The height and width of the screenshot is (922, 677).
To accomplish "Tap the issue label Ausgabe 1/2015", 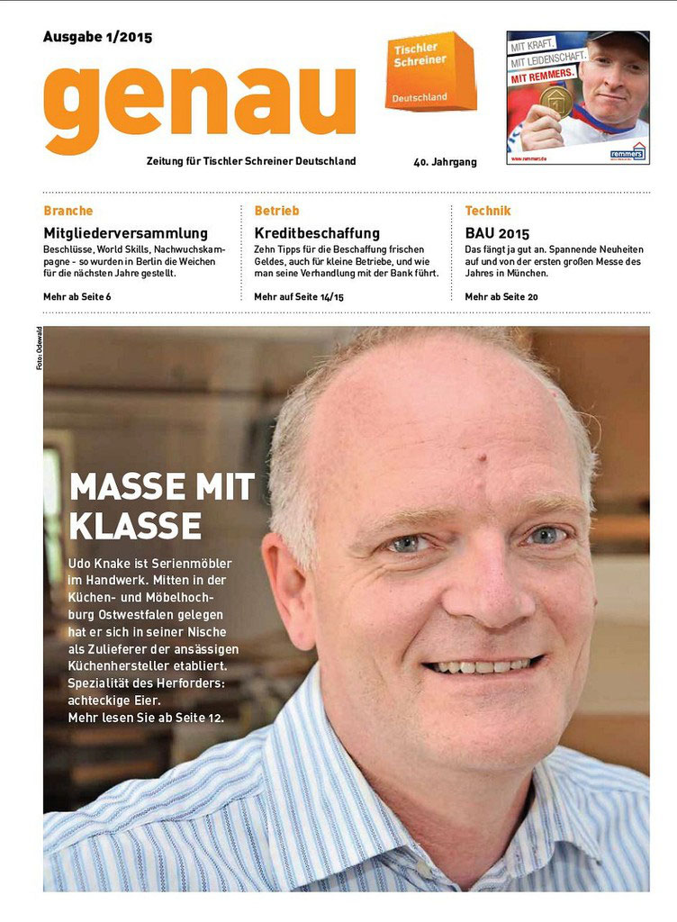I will (x=97, y=37).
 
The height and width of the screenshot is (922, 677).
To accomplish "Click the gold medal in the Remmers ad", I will (x=555, y=102).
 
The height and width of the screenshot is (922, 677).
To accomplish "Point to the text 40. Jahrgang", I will (x=445, y=162).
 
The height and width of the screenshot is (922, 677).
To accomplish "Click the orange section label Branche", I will (x=68, y=211).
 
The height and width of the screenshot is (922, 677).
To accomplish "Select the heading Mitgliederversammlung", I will (x=125, y=233).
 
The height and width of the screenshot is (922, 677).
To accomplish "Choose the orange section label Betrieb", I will (x=276, y=211).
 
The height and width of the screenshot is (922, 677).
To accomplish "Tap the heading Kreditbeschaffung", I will (x=317, y=233).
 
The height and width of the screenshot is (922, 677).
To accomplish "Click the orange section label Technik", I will (x=488, y=211).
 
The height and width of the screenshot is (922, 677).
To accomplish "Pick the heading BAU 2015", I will (x=497, y=233).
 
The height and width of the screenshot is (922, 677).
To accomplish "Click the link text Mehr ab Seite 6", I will (x=77, y=296).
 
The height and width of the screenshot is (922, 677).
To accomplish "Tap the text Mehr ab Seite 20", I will (x=501, y=296).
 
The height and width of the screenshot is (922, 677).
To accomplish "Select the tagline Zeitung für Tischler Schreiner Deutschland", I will (x=251, y=161).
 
